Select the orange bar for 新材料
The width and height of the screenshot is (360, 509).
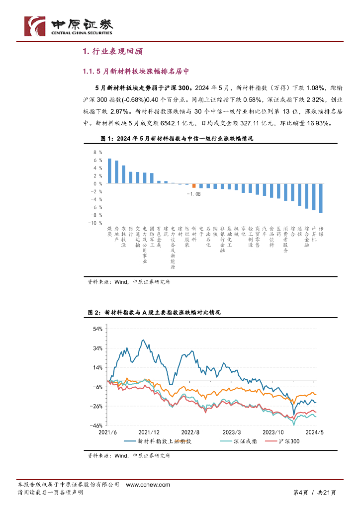tap(194, 186)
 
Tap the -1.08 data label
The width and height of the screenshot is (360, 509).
tap(194, 194)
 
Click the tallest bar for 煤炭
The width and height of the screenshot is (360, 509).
tap(109, 171)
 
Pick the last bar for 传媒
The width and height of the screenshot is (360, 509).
tap(321, 198)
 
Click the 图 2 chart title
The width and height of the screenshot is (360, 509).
tap(154, 313)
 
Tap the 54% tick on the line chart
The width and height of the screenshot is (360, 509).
tap(97, 329)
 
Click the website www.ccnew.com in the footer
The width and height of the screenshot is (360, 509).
tap(148, 485)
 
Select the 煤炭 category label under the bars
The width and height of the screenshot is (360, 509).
tap(109, 231)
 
